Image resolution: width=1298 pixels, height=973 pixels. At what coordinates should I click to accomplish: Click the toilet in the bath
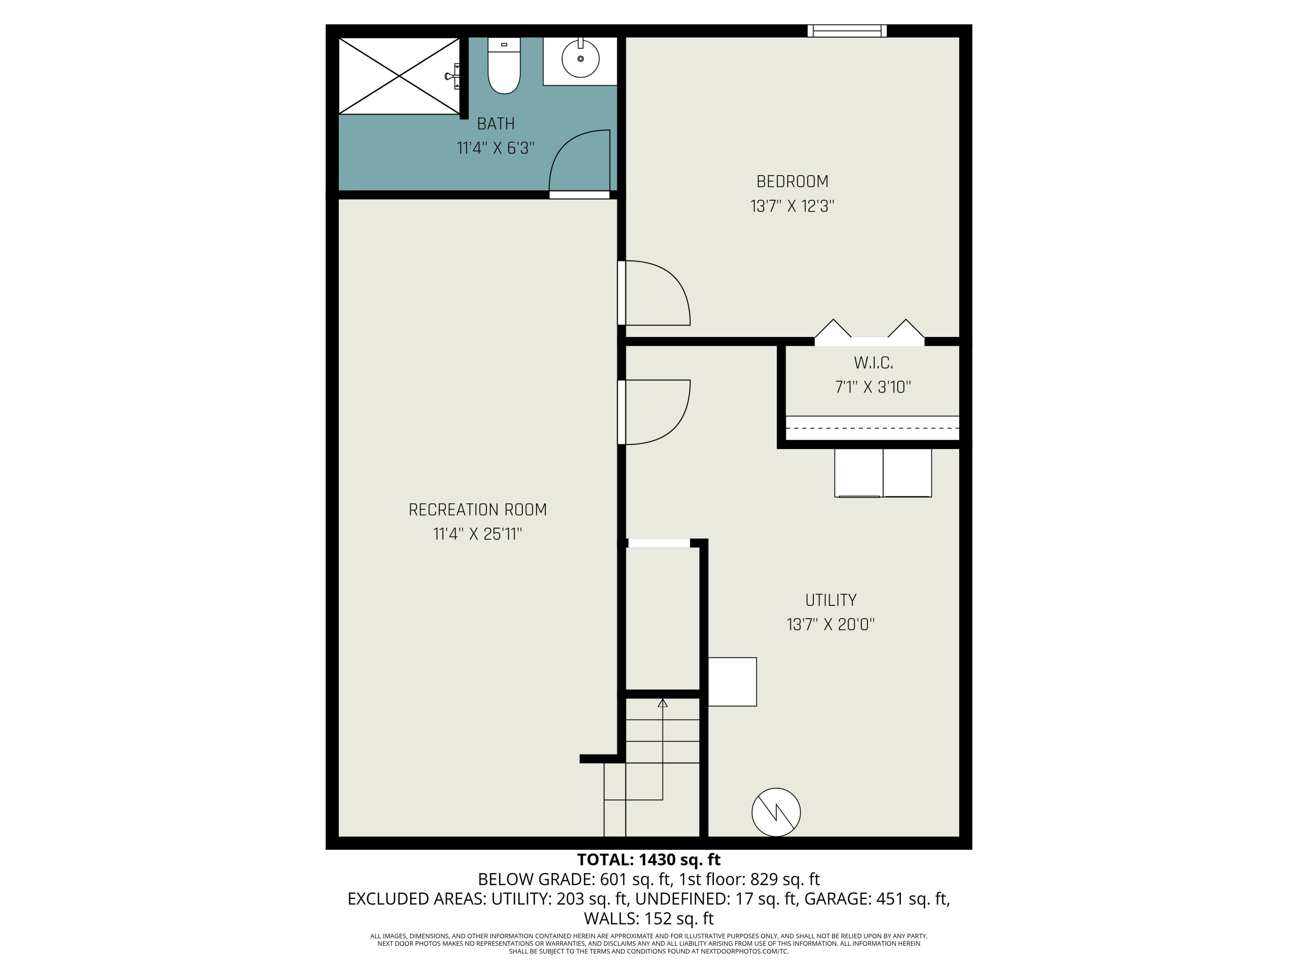504,67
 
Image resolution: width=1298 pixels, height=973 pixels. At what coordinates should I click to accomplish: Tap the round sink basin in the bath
580,59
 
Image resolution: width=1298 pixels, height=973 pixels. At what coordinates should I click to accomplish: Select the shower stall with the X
399,76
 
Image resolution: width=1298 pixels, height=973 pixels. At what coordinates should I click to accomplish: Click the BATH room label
496,124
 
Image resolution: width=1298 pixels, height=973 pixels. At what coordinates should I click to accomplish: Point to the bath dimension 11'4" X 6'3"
496,148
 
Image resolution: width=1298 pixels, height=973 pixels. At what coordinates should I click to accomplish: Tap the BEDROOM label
792,182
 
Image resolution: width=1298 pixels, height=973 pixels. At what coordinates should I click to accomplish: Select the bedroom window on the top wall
847,31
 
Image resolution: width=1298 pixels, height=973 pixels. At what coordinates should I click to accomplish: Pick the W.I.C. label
873,363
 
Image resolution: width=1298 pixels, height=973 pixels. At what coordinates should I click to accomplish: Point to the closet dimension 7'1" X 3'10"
873,387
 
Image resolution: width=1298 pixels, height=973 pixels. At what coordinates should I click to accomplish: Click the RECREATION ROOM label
478,510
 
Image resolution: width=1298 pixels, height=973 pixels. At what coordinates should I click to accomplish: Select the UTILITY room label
830,600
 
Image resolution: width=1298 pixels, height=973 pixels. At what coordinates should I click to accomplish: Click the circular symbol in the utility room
776,812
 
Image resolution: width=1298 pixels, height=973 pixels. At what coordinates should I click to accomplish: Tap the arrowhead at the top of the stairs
662,703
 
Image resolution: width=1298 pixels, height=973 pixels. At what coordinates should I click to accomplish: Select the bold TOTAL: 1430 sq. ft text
649,860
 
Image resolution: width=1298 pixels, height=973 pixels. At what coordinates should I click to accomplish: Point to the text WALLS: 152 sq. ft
649,918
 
